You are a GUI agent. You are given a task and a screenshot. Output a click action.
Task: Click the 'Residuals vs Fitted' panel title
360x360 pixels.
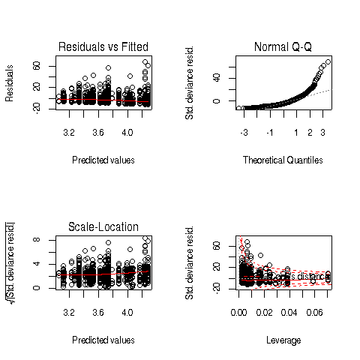coord(103,47)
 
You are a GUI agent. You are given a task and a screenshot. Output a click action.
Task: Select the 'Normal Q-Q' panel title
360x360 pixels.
coord(284,47)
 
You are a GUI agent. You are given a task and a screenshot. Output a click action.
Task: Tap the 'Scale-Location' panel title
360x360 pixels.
coord(103,227)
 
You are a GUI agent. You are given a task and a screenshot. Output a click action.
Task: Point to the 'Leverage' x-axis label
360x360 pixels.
coord(284,340)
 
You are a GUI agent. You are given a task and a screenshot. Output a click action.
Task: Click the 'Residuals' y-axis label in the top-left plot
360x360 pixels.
coord(10,82)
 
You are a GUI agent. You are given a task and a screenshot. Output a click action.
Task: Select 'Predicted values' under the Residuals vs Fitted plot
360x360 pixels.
coord(103,160)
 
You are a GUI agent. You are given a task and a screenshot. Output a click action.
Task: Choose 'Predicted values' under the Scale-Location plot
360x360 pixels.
coord(103,340)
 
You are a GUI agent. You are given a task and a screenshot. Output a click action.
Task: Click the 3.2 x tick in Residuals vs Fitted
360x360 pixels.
coord(69,132)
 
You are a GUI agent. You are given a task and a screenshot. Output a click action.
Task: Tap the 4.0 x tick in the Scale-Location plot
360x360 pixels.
coord(127,312)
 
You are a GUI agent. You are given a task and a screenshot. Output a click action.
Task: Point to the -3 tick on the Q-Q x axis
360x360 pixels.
coord(244,132)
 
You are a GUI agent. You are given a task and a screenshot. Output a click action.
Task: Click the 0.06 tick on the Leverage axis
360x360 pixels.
coord(312,312)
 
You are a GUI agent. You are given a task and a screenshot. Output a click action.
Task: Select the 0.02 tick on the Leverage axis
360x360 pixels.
coord(264,312)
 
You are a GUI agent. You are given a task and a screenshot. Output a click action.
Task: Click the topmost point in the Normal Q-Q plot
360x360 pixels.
coord(328,61)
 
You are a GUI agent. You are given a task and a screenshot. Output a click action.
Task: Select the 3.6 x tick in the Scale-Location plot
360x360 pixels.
coord(98,312)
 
